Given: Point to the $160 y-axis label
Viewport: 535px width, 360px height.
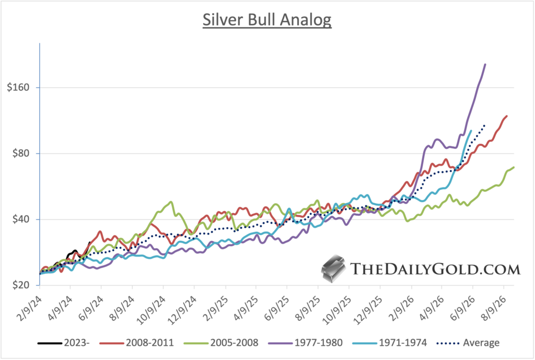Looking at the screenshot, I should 19,87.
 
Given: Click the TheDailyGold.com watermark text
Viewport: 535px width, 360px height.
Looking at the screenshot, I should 435,269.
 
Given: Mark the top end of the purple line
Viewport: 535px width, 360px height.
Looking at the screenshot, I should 485,64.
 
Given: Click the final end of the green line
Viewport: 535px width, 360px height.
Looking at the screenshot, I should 514,167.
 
